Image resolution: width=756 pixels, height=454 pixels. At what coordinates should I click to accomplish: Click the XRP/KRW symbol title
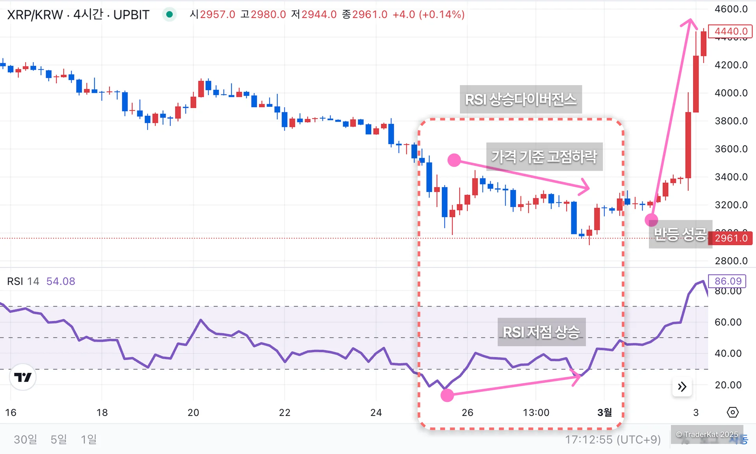[x=78, y=15]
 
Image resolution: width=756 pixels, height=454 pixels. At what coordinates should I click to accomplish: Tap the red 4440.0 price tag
[x=730, y=31]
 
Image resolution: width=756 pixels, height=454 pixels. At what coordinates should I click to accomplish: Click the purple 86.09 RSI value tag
[x=728, y=281]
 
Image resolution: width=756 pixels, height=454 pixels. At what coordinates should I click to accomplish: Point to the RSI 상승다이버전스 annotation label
[x=521, y=99]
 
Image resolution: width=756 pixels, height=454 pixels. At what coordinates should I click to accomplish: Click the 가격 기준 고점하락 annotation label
[x=544, y=156]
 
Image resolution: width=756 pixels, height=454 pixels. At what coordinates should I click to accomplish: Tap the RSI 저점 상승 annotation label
[x=541, y=332]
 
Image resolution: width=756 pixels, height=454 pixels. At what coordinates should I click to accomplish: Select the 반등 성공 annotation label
[x=680, y=234]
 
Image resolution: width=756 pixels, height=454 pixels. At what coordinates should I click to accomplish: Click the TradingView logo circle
[x=23, y=377]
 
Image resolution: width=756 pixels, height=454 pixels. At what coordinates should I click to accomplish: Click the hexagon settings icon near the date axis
[x=732, y=412]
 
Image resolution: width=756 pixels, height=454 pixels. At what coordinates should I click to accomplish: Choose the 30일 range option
[x=25, y=439]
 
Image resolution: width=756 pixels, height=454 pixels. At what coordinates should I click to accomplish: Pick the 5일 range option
[x=59, y=439]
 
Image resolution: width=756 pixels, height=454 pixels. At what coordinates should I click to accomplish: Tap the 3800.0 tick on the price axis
[x=731, y=121]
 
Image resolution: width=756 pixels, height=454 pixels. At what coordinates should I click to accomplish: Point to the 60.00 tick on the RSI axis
[x=728, y=322]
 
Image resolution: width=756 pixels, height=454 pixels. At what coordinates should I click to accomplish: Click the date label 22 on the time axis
[x=285, y=413]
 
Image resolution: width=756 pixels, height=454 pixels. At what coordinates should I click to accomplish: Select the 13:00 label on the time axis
[x=536, y=413]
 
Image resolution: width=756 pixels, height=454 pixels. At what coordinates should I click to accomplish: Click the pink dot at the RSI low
[x=447, y=395]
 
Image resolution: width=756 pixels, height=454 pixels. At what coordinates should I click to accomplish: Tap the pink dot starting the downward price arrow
[x=454, y=160]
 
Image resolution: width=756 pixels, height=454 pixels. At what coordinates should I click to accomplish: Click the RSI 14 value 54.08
[x=61, y=281]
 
